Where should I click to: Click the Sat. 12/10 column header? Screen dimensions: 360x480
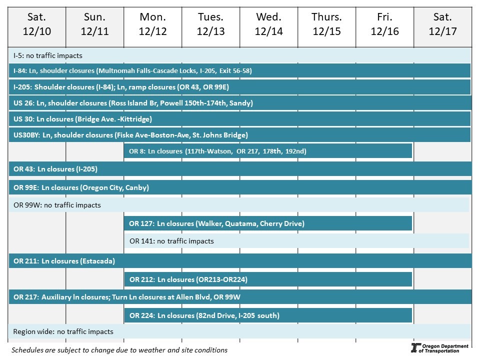pyautogui.click(x=37, y=24)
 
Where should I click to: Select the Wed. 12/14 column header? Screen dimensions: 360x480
pyautogui.click(x=269, y=24)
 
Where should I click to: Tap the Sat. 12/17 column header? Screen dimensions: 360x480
pyautogui.click(x=442, y=24)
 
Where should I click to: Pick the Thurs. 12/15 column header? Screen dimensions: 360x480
pyautogui.click(x=327, y=24)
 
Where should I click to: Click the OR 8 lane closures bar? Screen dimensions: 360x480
pyautogui.click(x=268, y=151)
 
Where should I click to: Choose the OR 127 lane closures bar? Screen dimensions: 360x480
pyautogui.click(x=268, y=223)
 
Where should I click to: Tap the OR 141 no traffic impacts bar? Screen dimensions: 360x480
pyautogui.click(x=296, y=241)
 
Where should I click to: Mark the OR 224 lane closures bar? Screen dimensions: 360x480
pyautogui.click(x=268, y=315)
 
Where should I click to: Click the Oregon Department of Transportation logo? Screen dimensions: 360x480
pyautogui.click(x=439, y=348)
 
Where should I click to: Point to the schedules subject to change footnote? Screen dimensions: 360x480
pyautogui.click(x=119, y=350)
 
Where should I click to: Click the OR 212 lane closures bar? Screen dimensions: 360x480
pyautogui.click(x=268, y=279)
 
